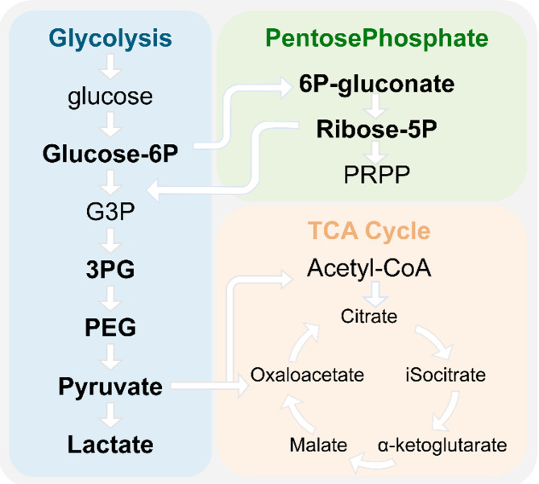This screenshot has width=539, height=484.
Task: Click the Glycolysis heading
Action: (x=110, y=38)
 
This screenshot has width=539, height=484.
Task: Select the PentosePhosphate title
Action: (x=376, y=38)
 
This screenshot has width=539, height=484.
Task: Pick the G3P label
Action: (x=110, y=215)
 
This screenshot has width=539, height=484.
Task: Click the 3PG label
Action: (x=110, y=270)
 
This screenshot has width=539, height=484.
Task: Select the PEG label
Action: (x=110, y=328)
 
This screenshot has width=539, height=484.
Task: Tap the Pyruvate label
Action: (x=110, y=387)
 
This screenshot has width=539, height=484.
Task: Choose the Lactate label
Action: (x=110, y=444)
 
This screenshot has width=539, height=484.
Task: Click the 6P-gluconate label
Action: (x=375, y=84)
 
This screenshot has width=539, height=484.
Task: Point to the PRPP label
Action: (x=375, y=173)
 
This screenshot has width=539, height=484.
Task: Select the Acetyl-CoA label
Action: (x=370, y=269)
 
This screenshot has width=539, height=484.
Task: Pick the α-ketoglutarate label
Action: (x=442, y=444)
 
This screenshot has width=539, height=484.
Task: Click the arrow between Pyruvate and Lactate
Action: (x=110, y=416)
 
